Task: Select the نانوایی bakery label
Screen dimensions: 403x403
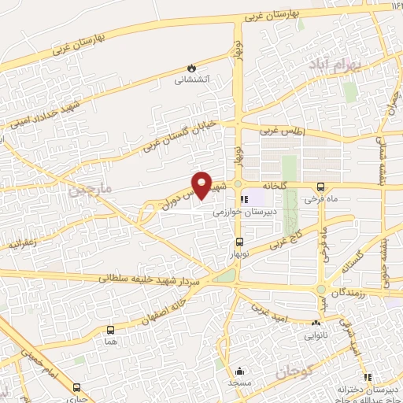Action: [316, 334]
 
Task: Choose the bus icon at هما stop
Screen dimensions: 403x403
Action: [109, 331]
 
